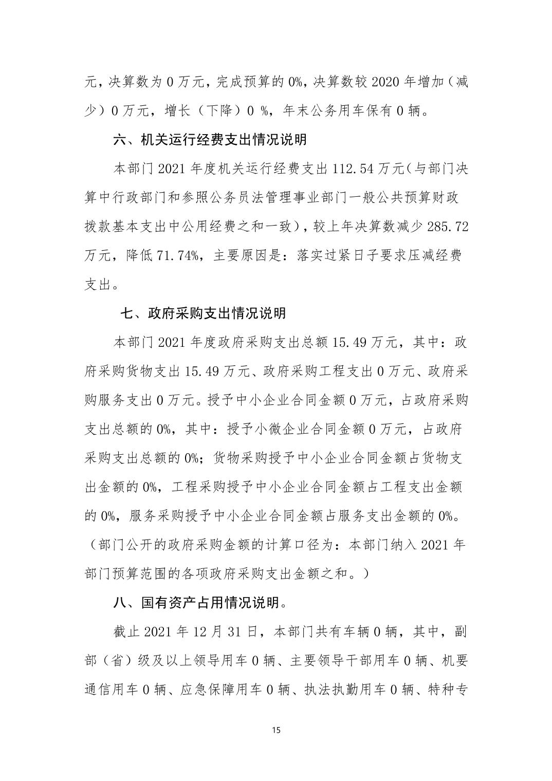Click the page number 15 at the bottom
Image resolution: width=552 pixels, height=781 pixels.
click(276, 730)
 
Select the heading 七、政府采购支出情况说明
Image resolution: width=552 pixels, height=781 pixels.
click(203, 313)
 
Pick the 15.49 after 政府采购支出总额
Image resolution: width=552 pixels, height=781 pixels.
click(350, 342)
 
